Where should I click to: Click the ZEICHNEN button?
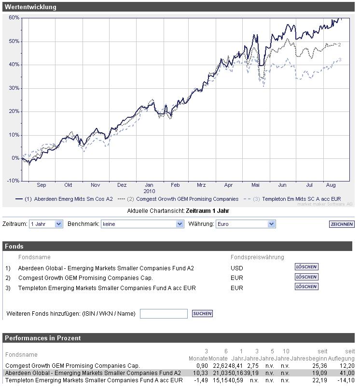point(342,224)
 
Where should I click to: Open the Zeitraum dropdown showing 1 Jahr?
point(46,224)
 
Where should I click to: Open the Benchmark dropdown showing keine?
point(142,224)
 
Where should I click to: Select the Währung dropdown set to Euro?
point(245,224)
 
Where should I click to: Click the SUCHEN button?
point(202,314)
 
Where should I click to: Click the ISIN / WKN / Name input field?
point(164,314)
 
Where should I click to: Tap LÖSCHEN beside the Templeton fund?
point(306,287)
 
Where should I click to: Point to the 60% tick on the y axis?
point(14,18)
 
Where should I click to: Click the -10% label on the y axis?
point(13,181)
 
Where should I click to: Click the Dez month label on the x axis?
point(122,185)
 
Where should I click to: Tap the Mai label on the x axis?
point(256,185)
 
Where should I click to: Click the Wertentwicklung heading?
point(30,7)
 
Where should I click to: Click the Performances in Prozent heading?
point(43,338)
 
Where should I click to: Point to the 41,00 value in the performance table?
point(347,373)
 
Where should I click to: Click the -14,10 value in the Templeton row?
point(346,380)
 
